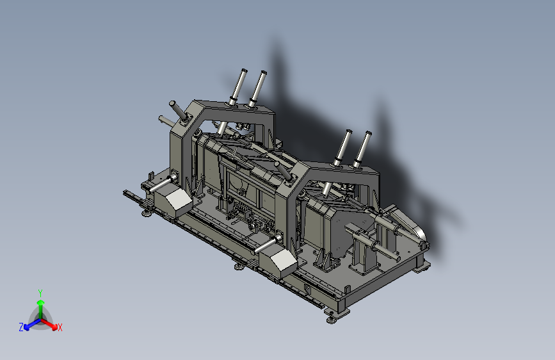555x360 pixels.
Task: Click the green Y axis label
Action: click(40, 293)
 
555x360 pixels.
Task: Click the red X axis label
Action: click(60, 328)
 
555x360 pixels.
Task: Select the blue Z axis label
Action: click(21, 327)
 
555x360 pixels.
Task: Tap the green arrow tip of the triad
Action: click(41, 302)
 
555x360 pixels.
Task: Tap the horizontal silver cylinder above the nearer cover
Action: click(268, 244)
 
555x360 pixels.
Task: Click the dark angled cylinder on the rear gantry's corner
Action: click(179, 111)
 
